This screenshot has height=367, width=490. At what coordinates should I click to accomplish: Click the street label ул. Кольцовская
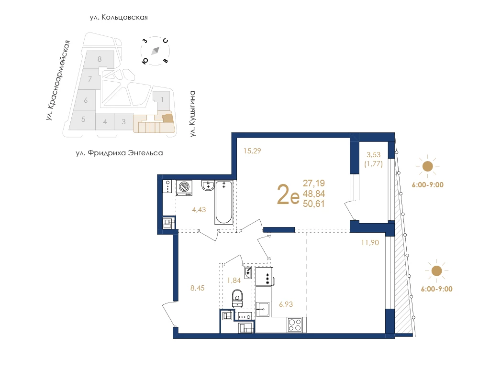(119, 18)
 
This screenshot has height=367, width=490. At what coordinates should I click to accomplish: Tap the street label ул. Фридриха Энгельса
(119, 153)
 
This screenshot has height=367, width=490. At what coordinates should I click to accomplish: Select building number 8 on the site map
(100, 59)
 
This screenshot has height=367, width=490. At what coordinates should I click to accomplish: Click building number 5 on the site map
(83, 119)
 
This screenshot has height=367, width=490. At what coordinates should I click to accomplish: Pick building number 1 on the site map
(162, 100)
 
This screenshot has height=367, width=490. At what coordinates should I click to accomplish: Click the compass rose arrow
(156, 51)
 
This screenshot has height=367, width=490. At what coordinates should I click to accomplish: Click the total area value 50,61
(314, 204)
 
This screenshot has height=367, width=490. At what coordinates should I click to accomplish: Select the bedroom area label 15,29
(252, 151)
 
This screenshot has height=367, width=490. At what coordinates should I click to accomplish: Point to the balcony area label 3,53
(373, 154)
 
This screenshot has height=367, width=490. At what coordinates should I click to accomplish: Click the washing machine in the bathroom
(184, 188)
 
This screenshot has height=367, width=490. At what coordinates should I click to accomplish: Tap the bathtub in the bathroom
(224, 202)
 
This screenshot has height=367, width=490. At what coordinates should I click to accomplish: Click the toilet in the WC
(237, 298)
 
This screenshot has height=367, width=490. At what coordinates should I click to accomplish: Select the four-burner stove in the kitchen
(295, 324)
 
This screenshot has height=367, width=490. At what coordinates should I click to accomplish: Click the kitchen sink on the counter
(263, 309)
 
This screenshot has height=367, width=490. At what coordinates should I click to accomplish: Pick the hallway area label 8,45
(198, 288)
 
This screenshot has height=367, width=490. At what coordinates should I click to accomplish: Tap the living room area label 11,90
(370, 242)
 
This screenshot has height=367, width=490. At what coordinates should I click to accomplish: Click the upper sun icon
(427, 166)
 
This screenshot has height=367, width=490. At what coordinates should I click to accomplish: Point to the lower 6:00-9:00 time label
(436, 289)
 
